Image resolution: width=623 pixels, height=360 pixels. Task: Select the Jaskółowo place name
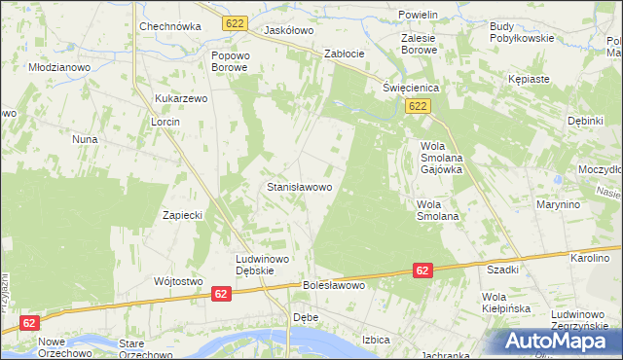289,31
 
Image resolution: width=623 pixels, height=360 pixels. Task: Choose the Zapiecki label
182,216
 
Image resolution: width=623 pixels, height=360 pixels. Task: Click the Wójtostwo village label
177,281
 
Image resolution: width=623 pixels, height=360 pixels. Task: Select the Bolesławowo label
334,286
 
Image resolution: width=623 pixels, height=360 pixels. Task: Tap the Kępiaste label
529,78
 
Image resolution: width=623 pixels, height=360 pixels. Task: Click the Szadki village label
502,270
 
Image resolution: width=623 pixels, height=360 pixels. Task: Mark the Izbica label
376,340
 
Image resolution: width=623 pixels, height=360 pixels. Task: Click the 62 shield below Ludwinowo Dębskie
221,293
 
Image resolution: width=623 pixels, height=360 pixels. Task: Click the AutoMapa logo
560,341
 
